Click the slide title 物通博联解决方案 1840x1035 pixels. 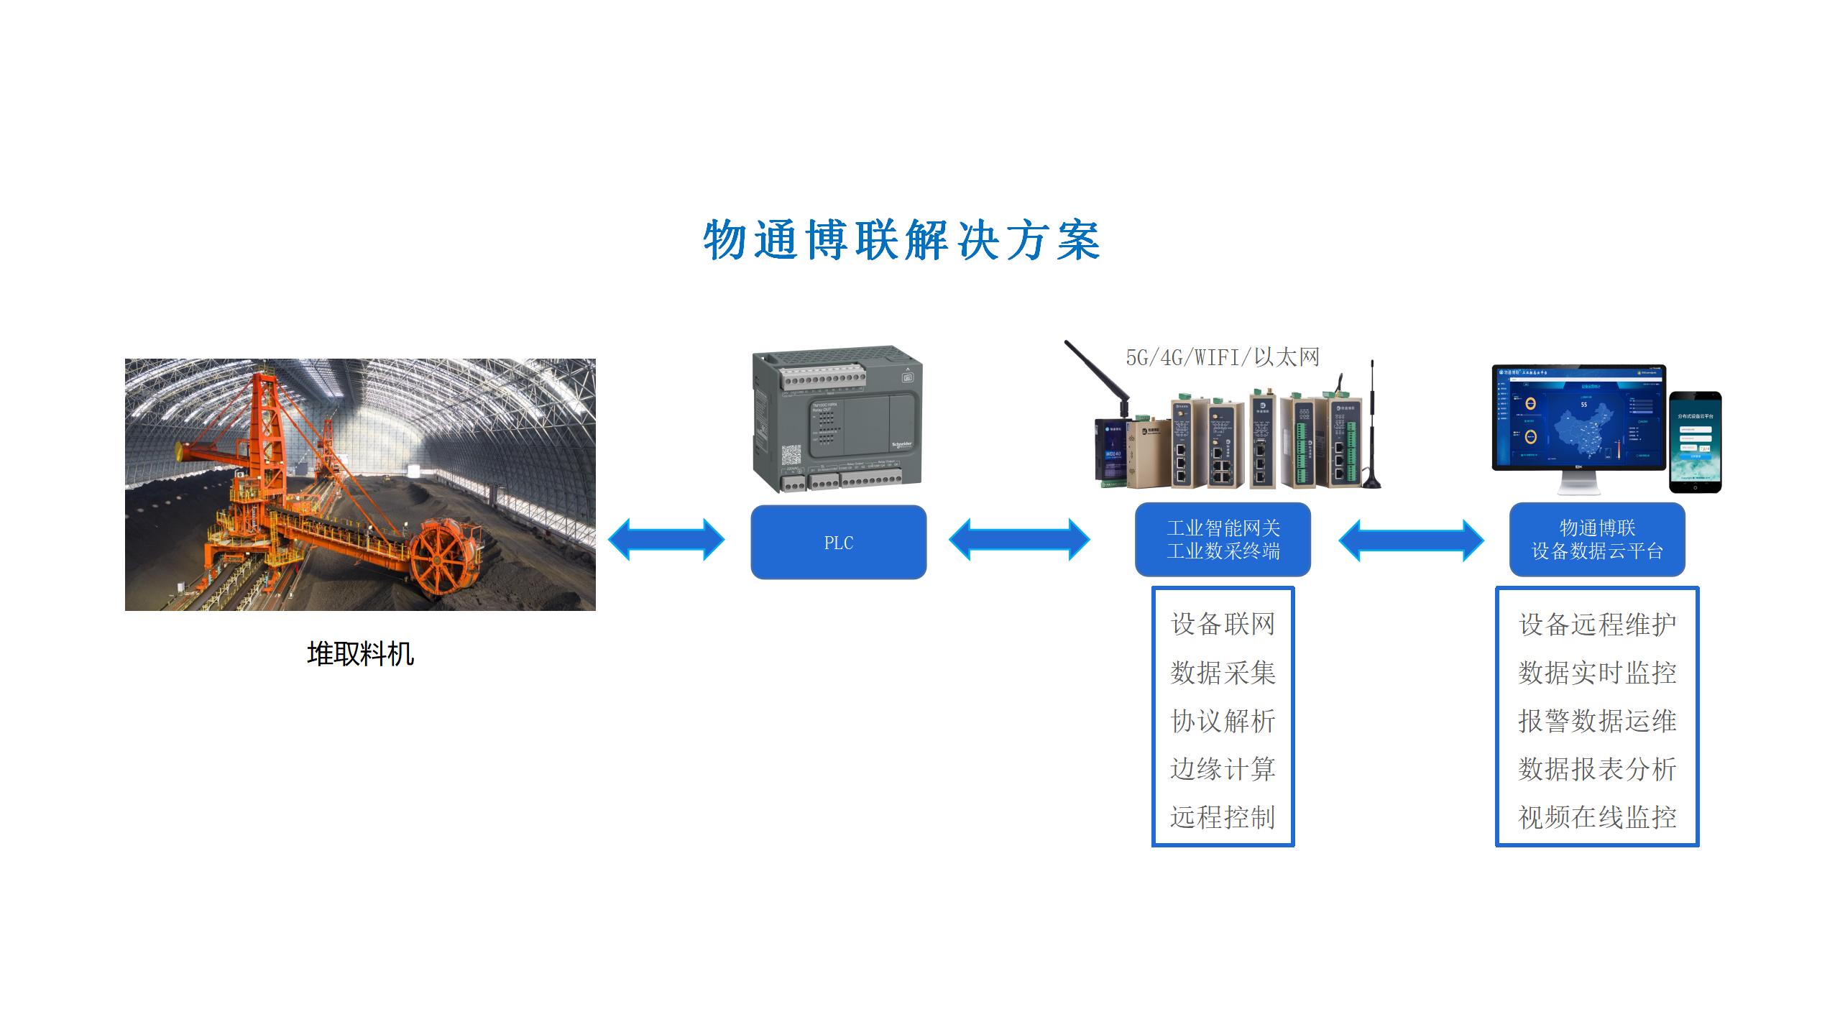pos(901,240)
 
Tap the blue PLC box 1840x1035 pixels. pos(838,543)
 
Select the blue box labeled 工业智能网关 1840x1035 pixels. pos(1223,540)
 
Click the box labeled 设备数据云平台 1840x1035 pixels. pos(1597,540)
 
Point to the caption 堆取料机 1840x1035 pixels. pos(360,654)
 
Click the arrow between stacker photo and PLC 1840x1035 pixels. pos(666,540)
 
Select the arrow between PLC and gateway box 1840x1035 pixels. pos(1019,540)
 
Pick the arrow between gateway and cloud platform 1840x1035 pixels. pos(1411,540)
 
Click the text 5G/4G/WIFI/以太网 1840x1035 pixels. pos(1222,357)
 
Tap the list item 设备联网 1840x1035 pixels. pos(1223,624)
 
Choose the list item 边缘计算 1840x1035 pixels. pos(1223,769)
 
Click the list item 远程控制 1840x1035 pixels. pos(1223,817)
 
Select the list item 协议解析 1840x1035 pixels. pos(1223,721)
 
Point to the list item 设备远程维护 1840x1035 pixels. pos(1597,624)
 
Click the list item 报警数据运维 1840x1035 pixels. pos(1597,721)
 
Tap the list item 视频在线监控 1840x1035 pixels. pos(1597,817)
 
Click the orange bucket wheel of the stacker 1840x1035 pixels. pos(446,555)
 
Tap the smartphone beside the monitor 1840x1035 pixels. pos(1695,442)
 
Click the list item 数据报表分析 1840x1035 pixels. pos(1597,769)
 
